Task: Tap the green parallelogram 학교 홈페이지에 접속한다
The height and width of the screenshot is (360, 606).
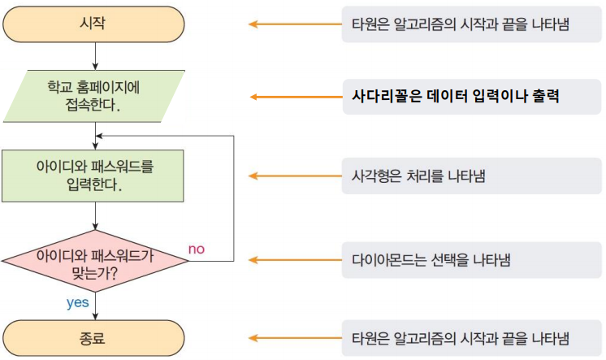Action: click(96, 96)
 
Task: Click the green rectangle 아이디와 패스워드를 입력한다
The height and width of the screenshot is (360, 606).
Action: click(95, 175)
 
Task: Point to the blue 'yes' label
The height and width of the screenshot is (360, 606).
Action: click(77, 302)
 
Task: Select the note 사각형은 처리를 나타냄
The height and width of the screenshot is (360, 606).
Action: click(418, 176)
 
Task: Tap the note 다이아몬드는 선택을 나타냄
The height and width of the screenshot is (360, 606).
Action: click(431, 260)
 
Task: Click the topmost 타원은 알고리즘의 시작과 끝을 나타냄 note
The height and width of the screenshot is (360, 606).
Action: click(460, 24)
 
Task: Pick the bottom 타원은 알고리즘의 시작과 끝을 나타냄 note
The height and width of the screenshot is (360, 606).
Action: click(460, 338)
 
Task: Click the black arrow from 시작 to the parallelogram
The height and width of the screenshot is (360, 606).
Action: click(96, 55)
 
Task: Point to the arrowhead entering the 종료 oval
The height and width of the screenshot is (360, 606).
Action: click(96, 315)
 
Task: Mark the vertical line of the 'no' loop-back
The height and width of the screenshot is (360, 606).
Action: click(234, 199)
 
